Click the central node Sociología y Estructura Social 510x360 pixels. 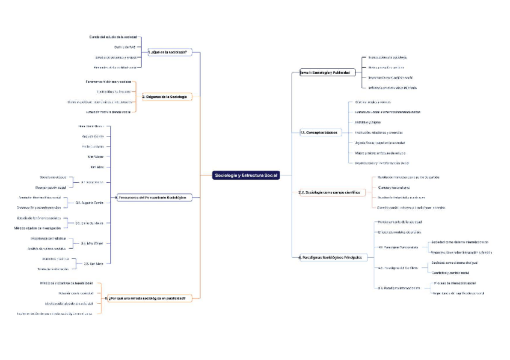pos(245,175)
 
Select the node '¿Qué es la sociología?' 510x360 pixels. pos(169,53)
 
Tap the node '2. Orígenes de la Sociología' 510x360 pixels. pos(164,97)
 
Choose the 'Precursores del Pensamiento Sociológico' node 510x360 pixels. pos(150,197)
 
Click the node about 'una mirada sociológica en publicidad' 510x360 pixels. pos(149,297)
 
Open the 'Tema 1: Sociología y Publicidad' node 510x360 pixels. pos(324,73)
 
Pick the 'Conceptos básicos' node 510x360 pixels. pos(319,132)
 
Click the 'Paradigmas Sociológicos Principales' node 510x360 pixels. pos(331,257)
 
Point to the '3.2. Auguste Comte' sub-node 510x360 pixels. pos(90,203)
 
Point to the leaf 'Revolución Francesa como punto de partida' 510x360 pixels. pos(411,177)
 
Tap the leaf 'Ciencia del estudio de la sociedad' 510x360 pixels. pos(114,37)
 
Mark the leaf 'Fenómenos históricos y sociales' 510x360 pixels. pos(108,81)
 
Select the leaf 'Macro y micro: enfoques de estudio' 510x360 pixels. pos(382,153)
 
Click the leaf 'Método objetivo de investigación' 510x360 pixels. pos(38,228)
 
